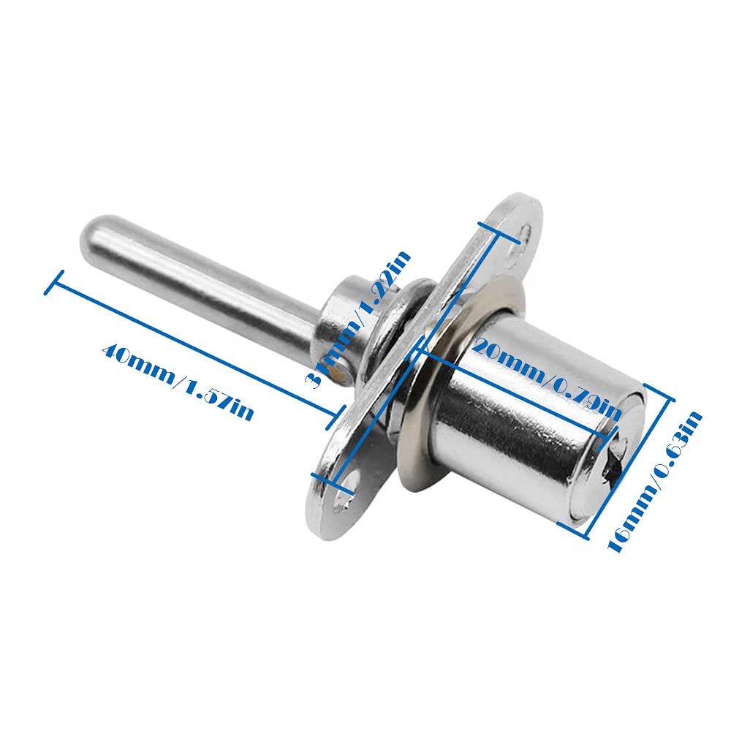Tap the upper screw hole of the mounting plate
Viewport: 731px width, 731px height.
point(525,232)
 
